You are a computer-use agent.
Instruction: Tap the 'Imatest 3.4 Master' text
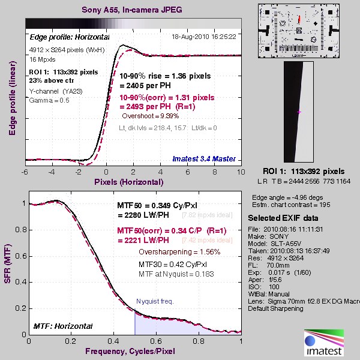pos(205,159)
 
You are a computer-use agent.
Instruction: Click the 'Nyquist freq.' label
pos(155,301)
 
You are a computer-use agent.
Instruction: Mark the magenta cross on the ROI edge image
pos(299,112)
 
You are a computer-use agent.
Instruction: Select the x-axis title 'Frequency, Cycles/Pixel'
pos(135,351)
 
